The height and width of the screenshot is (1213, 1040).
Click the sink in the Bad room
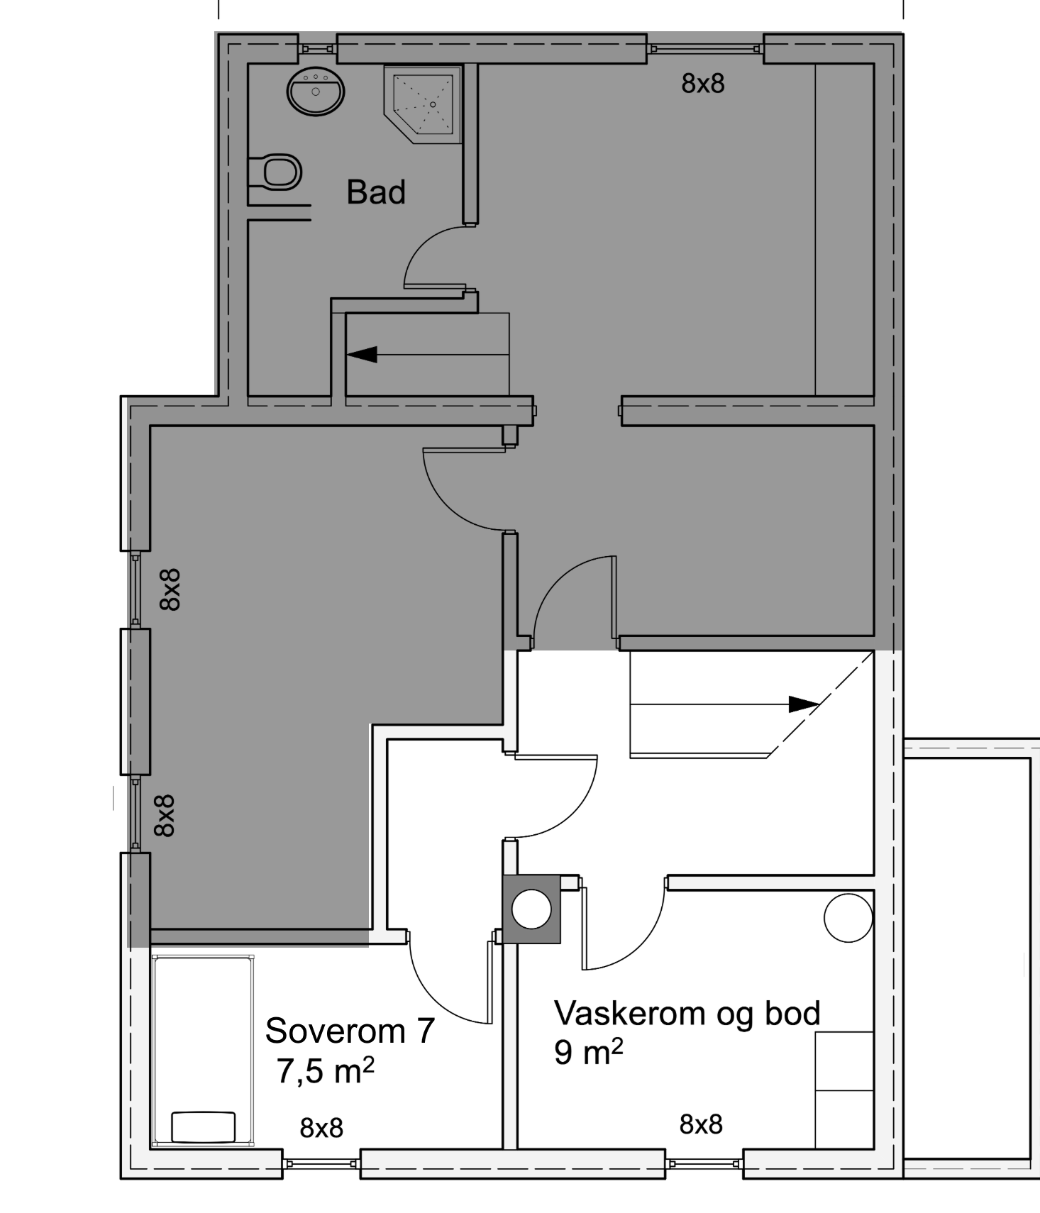[316, 92]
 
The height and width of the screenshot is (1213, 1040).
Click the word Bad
[376, 192]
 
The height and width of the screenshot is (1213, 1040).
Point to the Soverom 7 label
[350, 1031]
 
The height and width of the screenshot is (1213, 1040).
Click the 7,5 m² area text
[326, 1070]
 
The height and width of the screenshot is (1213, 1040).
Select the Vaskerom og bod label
[687, 1014]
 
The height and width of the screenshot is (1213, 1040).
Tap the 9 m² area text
[588, 1052]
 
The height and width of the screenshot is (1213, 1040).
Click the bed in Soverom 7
[203, 1051]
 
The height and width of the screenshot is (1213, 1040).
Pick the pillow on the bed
[204, 1126]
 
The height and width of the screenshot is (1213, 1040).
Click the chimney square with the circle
[532, 909]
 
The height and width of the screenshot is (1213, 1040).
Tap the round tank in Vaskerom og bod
[848, 917]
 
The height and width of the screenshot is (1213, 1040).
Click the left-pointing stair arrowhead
[362, 354]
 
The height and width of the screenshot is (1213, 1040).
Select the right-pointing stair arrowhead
[804, 704]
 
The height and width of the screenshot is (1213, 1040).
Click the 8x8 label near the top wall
[703, 84]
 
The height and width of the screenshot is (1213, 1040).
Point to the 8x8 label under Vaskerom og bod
[701, 1124]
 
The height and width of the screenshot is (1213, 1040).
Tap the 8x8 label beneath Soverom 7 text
[321, 1128]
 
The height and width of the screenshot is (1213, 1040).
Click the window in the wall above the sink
[317, 49]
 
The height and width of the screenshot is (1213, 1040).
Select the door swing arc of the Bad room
[434, 256]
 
